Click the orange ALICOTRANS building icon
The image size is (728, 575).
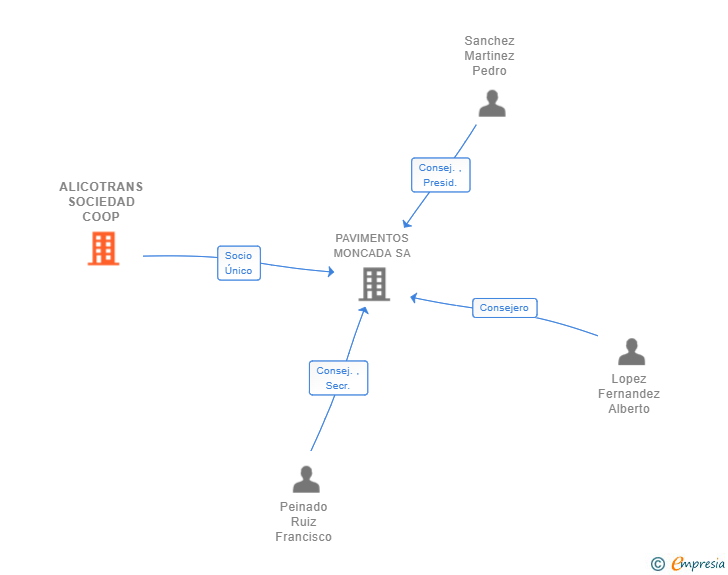103,249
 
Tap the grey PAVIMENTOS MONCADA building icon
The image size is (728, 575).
374,284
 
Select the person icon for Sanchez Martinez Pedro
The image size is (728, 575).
491,103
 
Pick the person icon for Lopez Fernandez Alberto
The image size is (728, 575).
631,352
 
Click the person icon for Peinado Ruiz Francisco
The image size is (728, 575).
306,479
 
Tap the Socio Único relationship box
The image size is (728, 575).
239,263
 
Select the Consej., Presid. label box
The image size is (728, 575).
440,175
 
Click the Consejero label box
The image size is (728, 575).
504,308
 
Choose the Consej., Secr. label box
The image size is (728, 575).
338,378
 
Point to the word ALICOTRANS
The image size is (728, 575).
101,187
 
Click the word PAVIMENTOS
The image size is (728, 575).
372,238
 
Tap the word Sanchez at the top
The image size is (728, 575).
489,41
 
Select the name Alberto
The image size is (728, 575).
629,409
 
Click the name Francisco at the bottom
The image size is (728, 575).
303,537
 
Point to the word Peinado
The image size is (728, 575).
303,507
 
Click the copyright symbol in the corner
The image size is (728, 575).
657,564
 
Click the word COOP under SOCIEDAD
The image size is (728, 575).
101,217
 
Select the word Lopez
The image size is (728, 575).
629,379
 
